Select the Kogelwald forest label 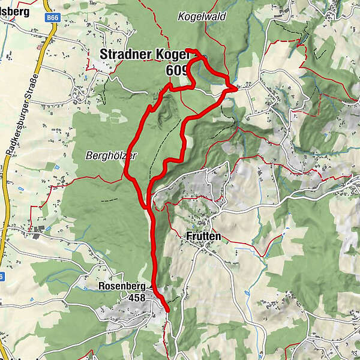[x=202, y=17]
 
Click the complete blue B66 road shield [x=52, y=19]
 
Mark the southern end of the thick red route [x=167, y=310]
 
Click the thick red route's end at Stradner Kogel [x=187, y=49]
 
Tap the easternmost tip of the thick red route [x=236, y=88]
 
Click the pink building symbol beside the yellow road [x=41, y=46]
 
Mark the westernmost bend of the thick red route [x=125, y=175]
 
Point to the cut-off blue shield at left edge [x=2, y=275]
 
